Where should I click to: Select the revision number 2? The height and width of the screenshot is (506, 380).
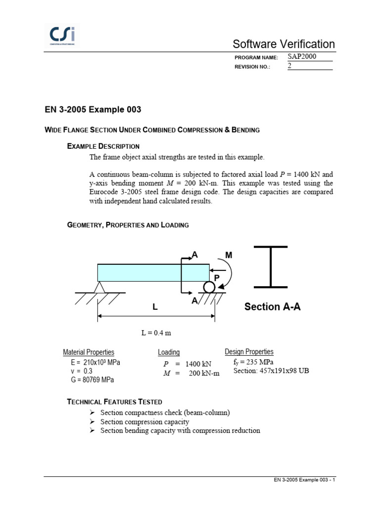[x=290, y=66]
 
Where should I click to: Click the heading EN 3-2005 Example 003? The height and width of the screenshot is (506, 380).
[x=89, y=109]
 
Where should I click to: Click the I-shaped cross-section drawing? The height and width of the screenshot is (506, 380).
[x=271, y=266]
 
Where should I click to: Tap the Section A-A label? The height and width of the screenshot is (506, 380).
[x=272, y=307]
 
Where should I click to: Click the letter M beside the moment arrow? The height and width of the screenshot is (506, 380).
[x=228, y=255]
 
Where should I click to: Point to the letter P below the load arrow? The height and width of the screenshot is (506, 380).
[x=216, y=278]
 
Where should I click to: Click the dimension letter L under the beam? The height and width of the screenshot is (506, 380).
[x=155, y=307]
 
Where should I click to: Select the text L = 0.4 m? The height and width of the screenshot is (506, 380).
[x=156, y=333]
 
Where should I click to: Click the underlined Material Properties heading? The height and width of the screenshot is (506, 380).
[x=89, y=352]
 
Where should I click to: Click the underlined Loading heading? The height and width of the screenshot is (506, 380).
[x=169, y=352]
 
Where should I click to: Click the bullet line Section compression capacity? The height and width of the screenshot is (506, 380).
[x=144, y=422]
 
